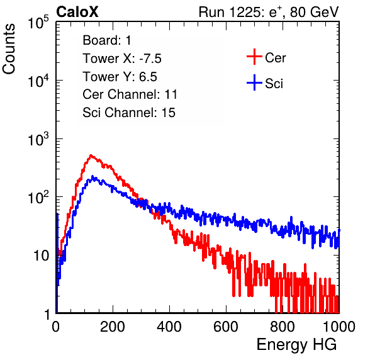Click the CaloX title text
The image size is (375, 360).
[x=77, y=12]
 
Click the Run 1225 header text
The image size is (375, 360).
[x=269, y=12]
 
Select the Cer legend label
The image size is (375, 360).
[x=275, y=58]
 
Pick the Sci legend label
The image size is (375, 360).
[x=274, y=84]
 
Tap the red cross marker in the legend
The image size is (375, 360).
[x=254, y=57]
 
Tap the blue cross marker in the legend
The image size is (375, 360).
[x=254, y=82]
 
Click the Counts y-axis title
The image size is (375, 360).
[x=9, y=49]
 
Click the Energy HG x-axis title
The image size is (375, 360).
[x=296, y=345]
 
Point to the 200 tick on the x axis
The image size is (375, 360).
[x=113, y=327]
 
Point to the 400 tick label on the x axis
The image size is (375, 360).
[x=169, y=327]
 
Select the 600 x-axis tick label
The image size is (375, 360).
[x=226, y=327]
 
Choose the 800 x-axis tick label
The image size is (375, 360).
[x=283, y=327]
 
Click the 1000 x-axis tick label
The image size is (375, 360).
[x=339, y=327]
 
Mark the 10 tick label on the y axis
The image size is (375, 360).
[x=41, y=256]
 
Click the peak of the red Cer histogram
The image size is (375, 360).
[x=91, y=155]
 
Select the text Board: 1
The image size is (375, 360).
[x=107, y=40]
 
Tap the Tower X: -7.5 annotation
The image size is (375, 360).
[x=122, y=59]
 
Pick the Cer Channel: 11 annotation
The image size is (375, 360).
[x=130, y=94]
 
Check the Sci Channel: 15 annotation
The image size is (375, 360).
[x=129, y=113]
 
